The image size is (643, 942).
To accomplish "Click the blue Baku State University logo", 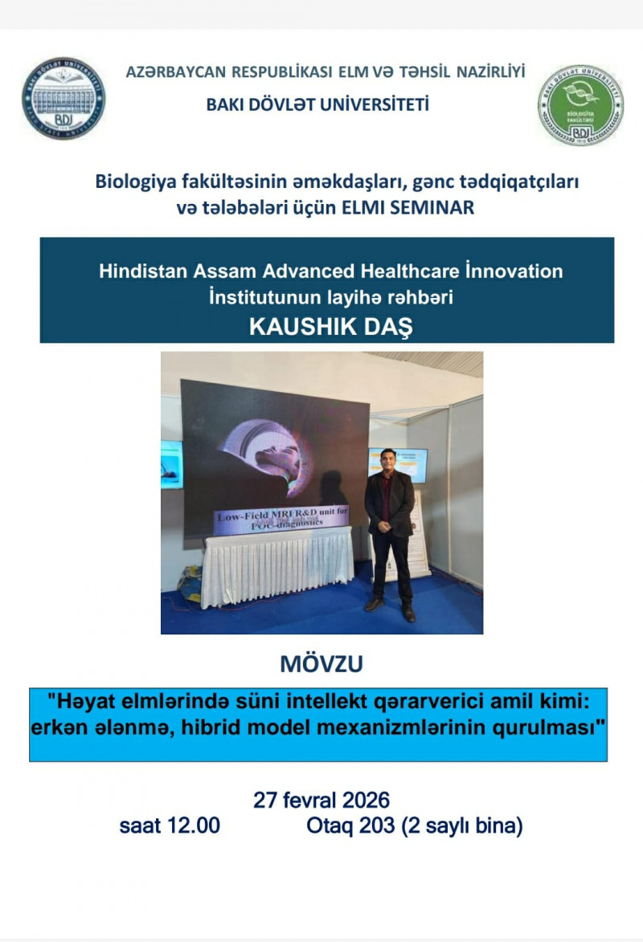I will click(x=63, y=99).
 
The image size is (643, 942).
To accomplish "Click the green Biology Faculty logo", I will click(x=580, y=105).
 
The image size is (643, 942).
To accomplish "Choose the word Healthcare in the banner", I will click(x=412, y=271).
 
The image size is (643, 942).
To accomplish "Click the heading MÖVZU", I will click(x=321, y=664).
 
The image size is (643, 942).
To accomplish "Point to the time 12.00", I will click(x=193, y=826).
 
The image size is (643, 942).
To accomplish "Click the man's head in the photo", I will click(x=389, y=460).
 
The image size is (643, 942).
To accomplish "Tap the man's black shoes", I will click(x=391, y=608).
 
